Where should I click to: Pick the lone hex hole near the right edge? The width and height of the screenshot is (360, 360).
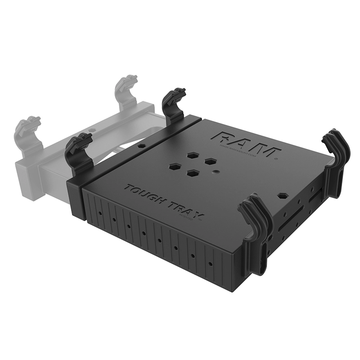click(x=282, y=196)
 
